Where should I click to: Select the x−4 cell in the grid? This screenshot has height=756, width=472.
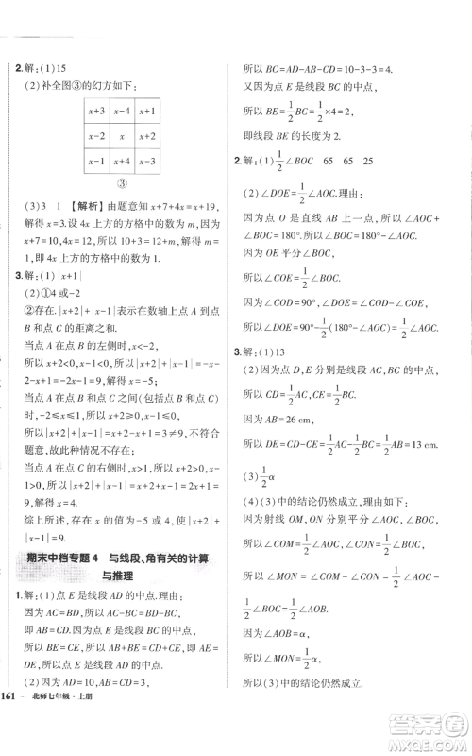[120, 111]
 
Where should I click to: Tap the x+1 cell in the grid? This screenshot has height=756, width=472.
[146, 111]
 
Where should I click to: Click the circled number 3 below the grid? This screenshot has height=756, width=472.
[121, 185]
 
